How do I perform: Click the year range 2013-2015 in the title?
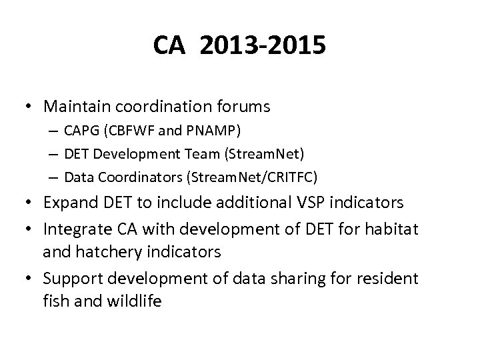click(262, 47)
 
